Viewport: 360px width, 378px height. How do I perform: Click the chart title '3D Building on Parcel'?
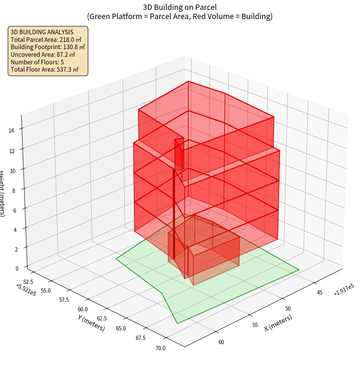[x=180, y=7]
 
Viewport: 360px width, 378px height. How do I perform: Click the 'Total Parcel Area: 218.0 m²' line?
[x=46, y=40]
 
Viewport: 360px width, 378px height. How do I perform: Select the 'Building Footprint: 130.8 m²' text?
[x=48, y=47]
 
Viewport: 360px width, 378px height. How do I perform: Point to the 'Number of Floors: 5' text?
[x=37, y=62]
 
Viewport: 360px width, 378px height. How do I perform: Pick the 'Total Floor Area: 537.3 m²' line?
[x=45, y=70]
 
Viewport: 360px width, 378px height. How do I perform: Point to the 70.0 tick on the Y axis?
[x=161, y=348]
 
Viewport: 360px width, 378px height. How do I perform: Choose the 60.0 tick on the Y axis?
[x=83, y=309]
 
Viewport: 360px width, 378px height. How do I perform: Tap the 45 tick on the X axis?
[x=320, y=293]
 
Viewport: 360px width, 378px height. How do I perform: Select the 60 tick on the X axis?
[x=221, y=342]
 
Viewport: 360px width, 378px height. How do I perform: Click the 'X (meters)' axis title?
[x=278, y=323]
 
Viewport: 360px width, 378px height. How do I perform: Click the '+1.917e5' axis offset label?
[x=344, y=292]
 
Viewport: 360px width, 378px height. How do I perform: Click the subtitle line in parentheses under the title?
[x=180, y=16]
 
